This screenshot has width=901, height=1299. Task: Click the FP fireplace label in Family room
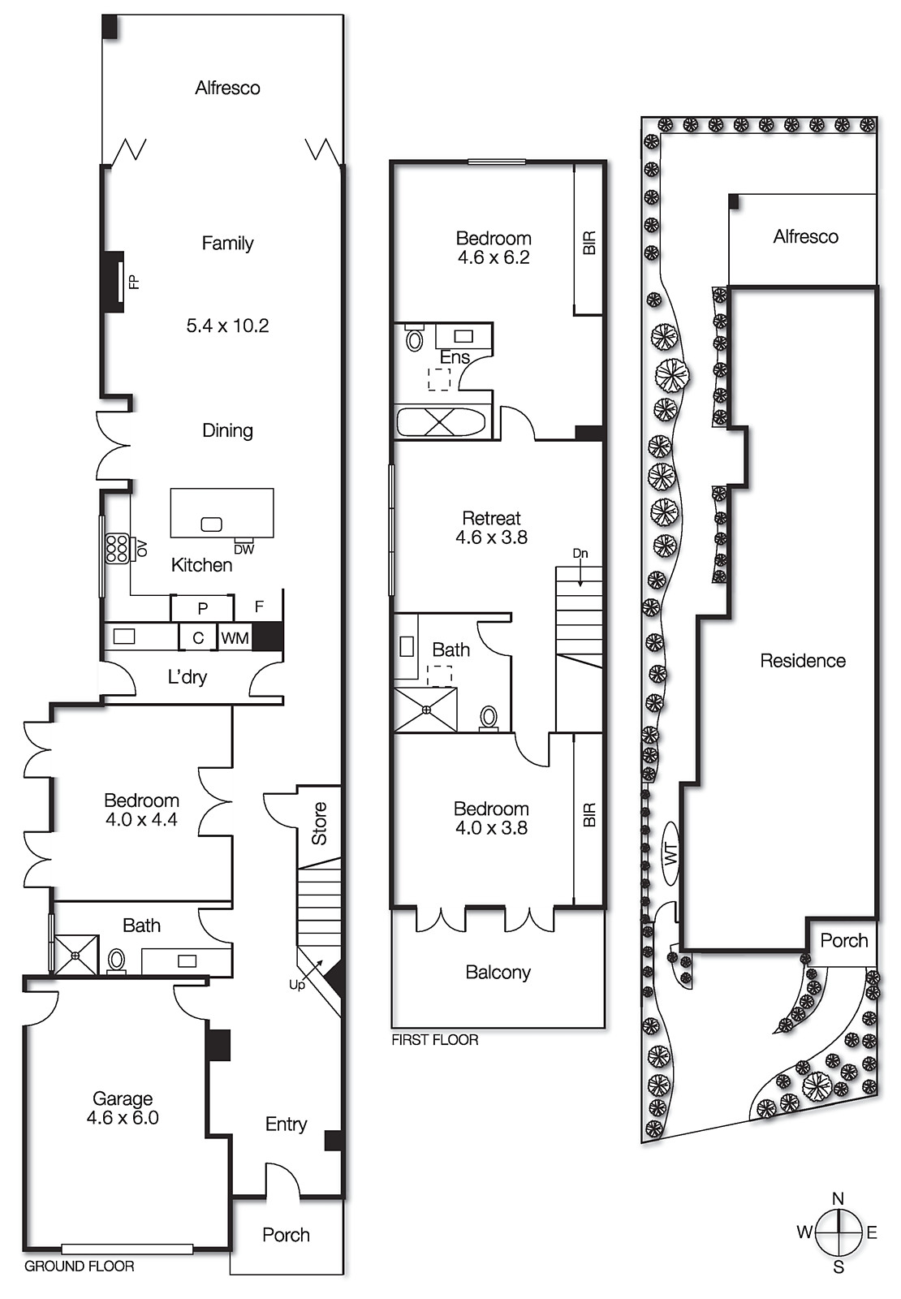[135, 282]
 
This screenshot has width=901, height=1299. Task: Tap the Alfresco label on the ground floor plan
[227, 88]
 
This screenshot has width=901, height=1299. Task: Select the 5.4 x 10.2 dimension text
[227, 326]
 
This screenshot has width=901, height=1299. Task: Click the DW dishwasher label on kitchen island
[244, 550]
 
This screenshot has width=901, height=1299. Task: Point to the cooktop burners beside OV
[117, 549]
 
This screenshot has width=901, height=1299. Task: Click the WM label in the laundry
[235, 638]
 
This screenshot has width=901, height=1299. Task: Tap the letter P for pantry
[202, 608]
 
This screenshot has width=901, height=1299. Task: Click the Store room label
[319, 823]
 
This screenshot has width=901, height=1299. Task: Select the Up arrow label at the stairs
[297, 985]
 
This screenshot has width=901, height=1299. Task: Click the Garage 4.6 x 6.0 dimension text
[123, 1118]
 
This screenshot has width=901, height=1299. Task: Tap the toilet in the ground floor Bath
[117, 960]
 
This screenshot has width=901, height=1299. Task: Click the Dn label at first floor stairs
[580, 554]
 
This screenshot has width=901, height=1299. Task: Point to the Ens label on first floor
[455, 357]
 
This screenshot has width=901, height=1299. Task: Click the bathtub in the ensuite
[441, 423]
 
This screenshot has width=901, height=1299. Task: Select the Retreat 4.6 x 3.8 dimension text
[491, 537]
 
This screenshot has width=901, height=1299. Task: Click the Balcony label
[498, 973]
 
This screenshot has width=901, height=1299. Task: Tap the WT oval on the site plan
[670, 853]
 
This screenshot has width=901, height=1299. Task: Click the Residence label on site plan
[802, 661]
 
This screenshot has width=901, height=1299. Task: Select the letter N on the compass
[838, 1199]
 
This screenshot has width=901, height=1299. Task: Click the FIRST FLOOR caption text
[434, 1040]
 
